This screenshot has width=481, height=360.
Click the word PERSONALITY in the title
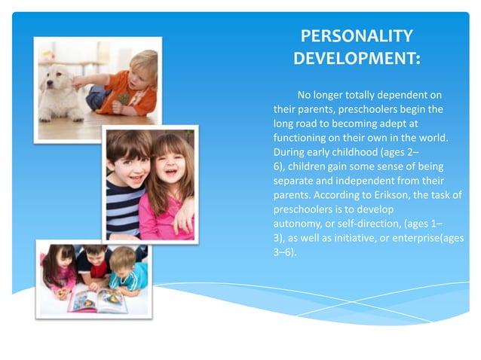[357, 36]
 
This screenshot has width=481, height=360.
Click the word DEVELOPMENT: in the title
[357, 58]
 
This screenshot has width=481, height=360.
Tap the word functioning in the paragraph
[302, 137]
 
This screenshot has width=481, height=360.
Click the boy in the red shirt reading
[95, 264]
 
